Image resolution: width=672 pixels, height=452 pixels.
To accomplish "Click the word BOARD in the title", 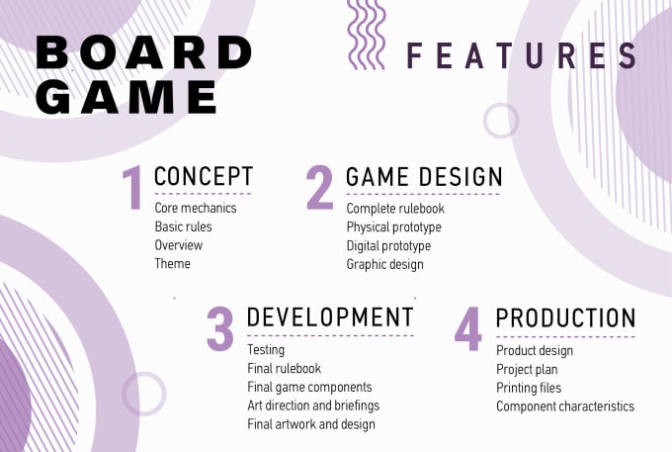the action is (x=144, y=52).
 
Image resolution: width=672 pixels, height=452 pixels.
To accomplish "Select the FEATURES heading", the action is (x=521, y=55).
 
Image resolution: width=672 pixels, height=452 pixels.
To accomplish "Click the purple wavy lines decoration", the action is (x=366, y=35).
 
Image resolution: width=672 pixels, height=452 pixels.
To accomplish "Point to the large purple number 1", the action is (x=133, y=188).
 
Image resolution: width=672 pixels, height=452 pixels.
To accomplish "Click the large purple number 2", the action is (x=320, y=187).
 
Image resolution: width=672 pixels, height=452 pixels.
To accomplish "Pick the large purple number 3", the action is (x=219, y=329).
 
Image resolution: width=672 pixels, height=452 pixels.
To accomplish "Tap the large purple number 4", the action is (x=468, y=329).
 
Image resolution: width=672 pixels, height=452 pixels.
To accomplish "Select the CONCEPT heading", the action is (x=204, y=176).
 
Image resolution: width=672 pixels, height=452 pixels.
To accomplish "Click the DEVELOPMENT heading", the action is (x=330, y=317).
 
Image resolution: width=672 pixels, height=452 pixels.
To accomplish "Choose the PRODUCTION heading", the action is (x=565, y=317).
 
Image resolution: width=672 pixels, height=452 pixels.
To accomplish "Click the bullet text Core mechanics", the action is (x=196, y=208).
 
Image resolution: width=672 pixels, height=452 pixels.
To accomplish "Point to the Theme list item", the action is (x=172, y=263).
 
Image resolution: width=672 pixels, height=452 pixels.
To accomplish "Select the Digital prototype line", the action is (x=388, y=246).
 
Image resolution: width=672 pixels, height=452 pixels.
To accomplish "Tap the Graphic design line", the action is (x=384, y=265).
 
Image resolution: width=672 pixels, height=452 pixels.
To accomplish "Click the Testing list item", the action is (x=266, y=350).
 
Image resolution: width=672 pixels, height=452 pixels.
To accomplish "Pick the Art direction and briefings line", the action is (x=313, y=406).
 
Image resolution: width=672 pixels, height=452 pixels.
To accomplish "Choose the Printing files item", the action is (x=529, y=388).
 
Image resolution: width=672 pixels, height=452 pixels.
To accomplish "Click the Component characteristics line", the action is (x=565, y=407).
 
